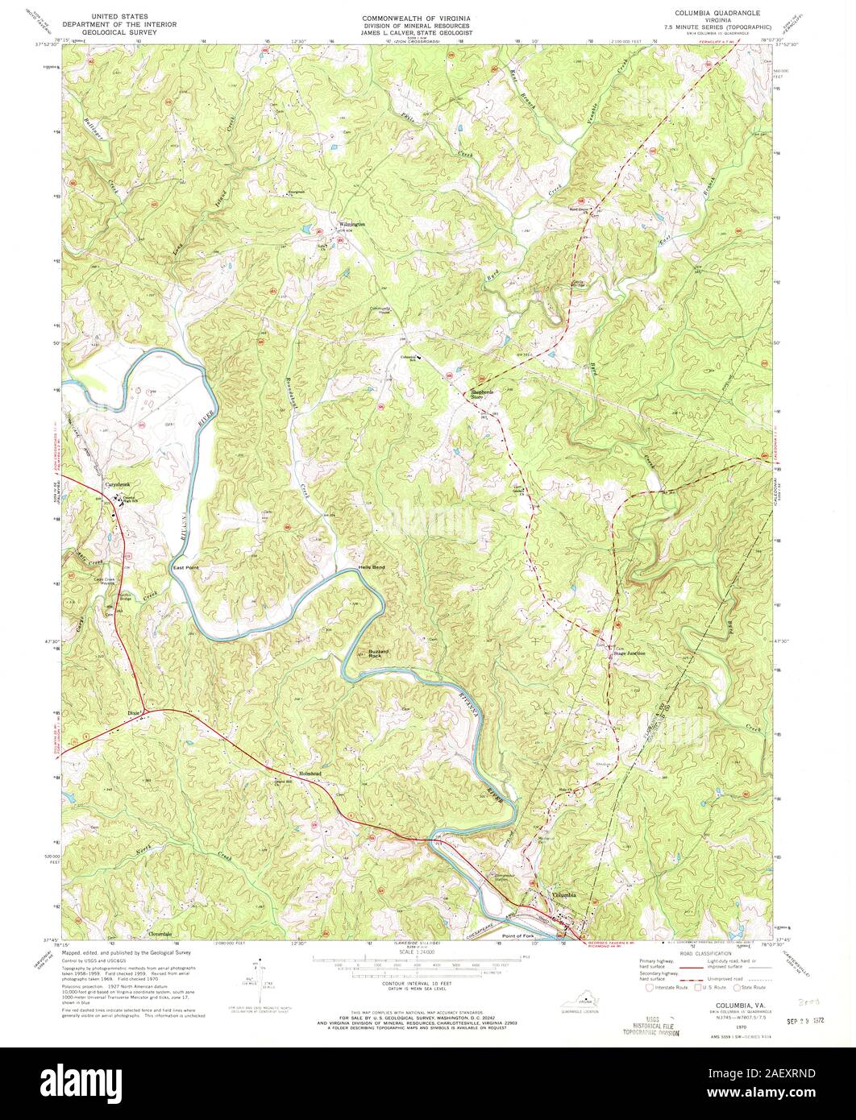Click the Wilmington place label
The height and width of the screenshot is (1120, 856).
pos(351,224)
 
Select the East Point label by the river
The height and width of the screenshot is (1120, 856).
pos(185,568)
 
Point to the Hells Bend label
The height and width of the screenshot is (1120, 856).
pos(372,568)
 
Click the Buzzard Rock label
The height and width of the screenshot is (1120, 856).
pos(379,653)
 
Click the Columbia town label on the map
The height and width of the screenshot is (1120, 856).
pos(564,895)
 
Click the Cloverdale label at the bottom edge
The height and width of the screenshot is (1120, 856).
pos(160,934)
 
